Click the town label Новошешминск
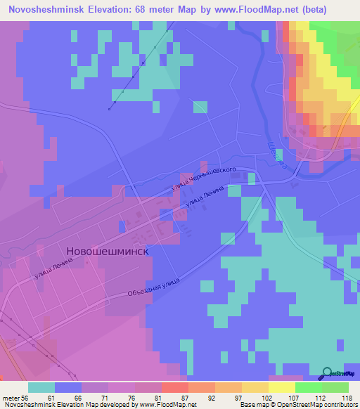tap(108, 252)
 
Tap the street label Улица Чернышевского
tap(202, 181)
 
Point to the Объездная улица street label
tap(153, 288)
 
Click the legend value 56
tap(26, 397)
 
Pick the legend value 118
tap(347, 397)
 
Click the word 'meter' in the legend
tap(11, 397)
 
